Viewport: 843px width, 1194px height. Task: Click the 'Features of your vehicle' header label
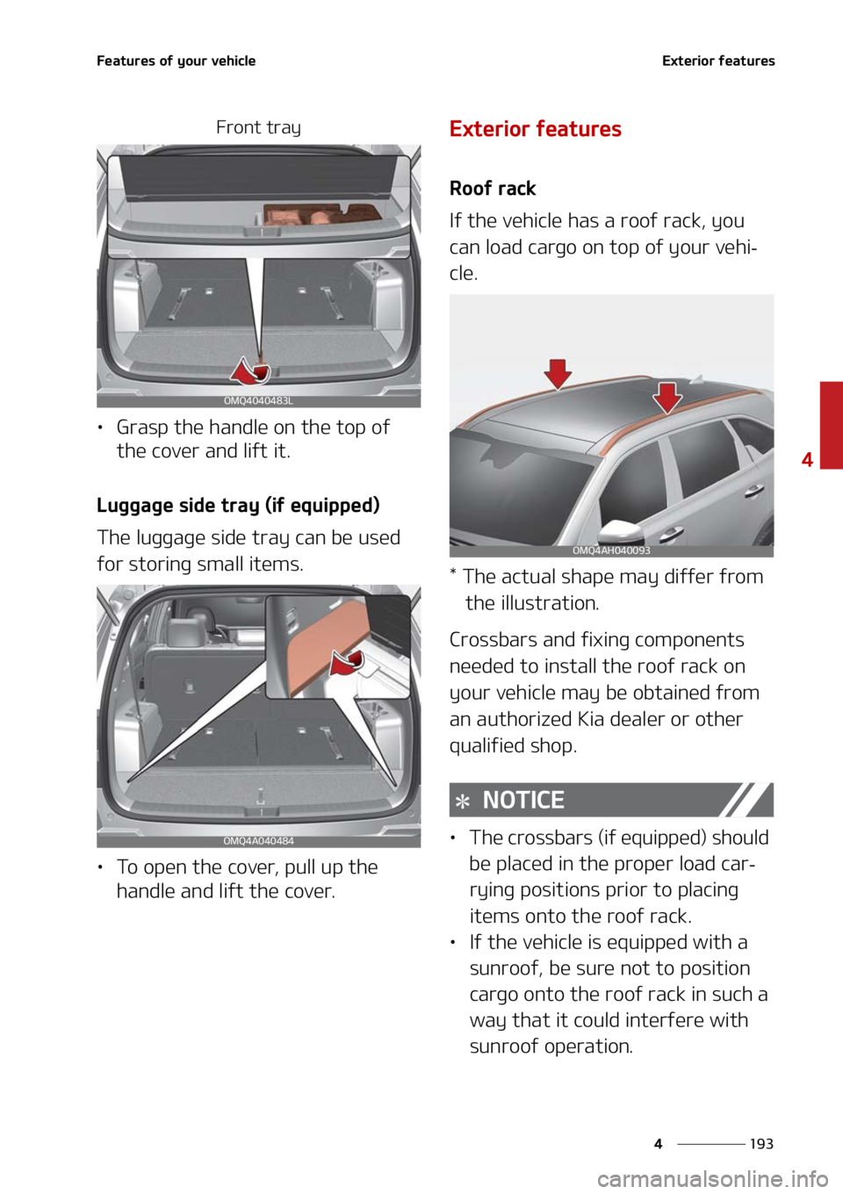pos(176,61)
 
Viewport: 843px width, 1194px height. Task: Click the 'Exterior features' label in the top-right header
pos(718,61)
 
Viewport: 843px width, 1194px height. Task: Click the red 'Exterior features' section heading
pos(535,128)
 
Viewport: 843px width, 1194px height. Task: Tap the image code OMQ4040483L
pos(258,400)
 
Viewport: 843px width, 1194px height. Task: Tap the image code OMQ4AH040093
pos(611,550)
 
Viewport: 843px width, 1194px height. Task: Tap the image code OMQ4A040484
pos(258,841)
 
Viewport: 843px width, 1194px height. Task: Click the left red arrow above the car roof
pos(558,373)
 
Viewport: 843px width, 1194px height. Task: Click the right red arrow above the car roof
pos(667,396)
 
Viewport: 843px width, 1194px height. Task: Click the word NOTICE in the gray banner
pos(523,800)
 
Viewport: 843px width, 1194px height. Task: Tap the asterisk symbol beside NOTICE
pos(463,802)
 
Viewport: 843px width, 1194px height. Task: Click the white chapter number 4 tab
pos(807,458)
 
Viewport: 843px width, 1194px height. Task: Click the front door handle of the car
pos(674,532)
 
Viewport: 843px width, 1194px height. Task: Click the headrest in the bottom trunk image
pos(184,631)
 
